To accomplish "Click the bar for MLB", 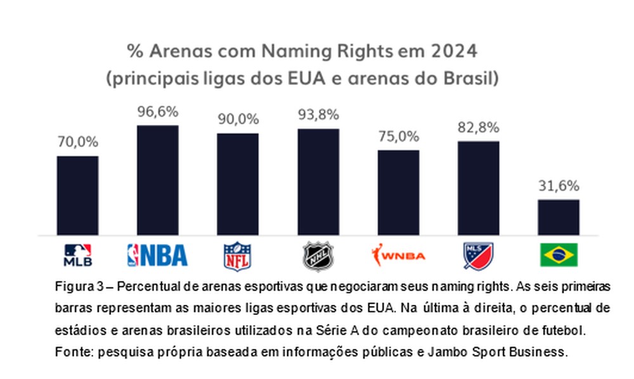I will [77, 195].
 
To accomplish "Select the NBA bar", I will [158, 180].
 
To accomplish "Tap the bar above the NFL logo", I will [238, 184].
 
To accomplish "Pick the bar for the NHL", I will [318, 182].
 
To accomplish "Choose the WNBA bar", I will [398, 193].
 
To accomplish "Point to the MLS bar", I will [479, 188].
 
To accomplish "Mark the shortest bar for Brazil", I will [559, 217].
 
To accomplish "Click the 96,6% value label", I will [158, 112].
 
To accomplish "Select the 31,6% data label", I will [559, 186].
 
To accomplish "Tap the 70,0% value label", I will [77, 143].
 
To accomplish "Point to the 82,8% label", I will [479, 128].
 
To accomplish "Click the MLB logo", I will [77, 255].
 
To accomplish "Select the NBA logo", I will [158, 255].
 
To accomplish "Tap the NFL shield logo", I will [238, 255].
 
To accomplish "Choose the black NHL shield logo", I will [318, 255].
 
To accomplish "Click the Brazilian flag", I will [559, 255].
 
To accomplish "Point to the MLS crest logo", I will [479, 255].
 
